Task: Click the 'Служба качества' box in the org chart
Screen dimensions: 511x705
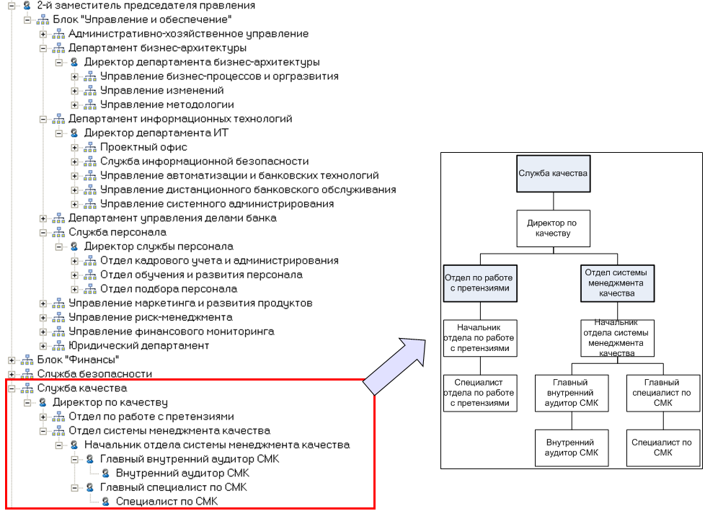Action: point(554,173)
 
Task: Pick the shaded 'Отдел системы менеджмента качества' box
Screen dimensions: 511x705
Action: point(616,283)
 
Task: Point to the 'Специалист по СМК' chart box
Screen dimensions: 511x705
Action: point(662,447)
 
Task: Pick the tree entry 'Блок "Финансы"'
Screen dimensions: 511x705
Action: point(78,360)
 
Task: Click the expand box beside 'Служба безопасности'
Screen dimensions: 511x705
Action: point(12,374)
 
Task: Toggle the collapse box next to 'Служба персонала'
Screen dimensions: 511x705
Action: point(43,232)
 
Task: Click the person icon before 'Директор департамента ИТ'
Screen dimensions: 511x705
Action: point(74,133)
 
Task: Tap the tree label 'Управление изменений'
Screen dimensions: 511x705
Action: point(161,91)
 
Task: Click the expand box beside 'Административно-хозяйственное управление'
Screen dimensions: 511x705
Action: point(43,34)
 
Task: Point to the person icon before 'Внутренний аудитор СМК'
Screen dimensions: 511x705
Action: point(106,474)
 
